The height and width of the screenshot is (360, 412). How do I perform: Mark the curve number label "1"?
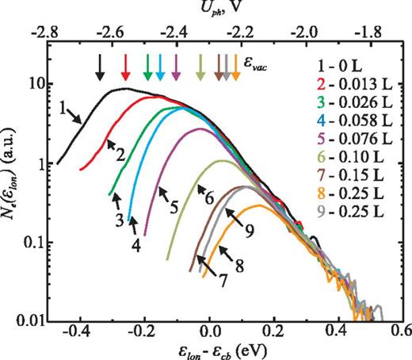tap(62, 104)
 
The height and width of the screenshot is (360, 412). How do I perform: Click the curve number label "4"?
tap(136, 246)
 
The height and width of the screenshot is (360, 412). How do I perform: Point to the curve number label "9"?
tap(249, 230)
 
